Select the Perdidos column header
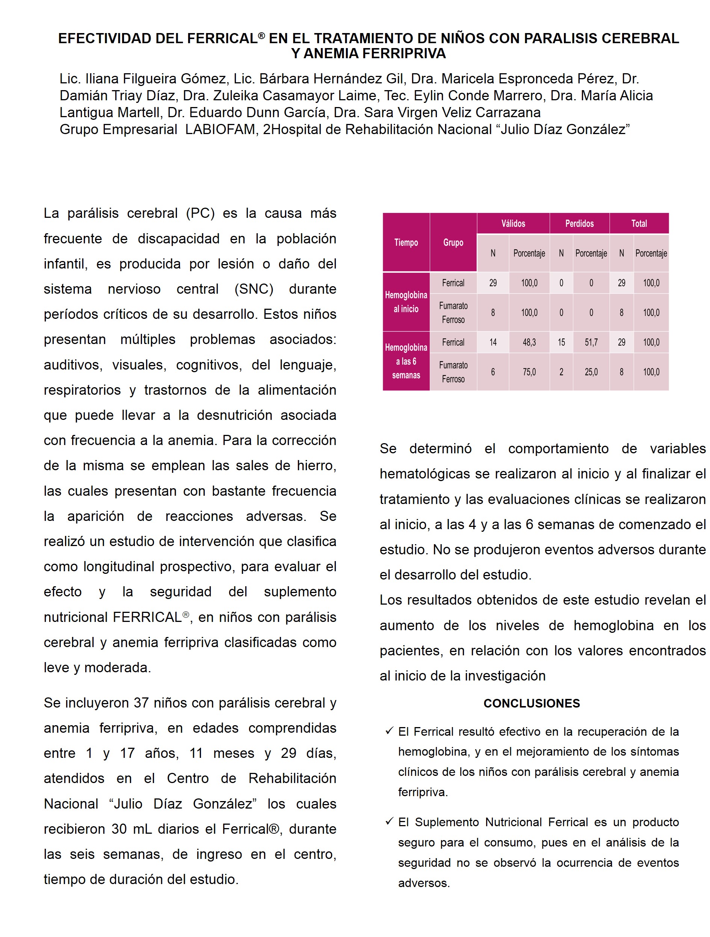tap(579, 223)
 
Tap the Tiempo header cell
tap(406, 242)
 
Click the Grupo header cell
tap(453, 242)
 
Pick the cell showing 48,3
tap(529, 342)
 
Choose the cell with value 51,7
tap(591, 342)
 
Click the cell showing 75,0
tap(529, 372)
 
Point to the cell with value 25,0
tap(591, 372)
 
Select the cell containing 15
tap(561, 342)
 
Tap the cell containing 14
tap(492, 342)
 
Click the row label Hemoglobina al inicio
tap(406, 302)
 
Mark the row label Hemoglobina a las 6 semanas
tap(406, 361)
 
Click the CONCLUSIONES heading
tap(531, 704)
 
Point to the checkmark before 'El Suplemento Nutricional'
tap(389, 821)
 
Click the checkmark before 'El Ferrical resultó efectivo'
tap(389, 731)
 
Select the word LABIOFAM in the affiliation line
tap(220, 129)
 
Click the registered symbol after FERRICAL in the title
tap(261, 36)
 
